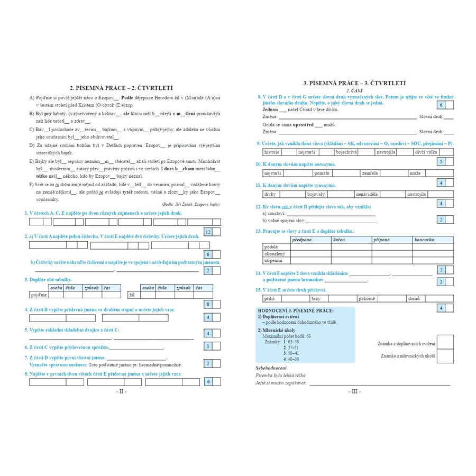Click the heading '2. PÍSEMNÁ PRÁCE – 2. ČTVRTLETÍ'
(x=122, y=88)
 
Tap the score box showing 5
(x=441, y=161)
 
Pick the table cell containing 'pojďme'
(x=39, y=295)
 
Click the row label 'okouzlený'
(x=276, y=254)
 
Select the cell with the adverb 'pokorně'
(x=366, y=299)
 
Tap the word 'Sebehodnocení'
(x=271, y=368)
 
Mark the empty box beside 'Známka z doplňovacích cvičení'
(x=445, y=342)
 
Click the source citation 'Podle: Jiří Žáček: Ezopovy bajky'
(x=191, y=204)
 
